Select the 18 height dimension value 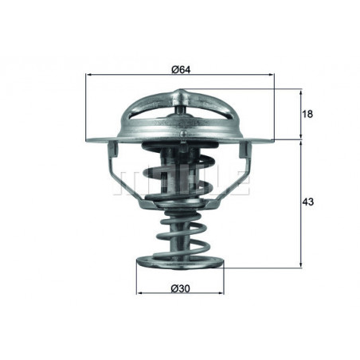[x=307, y=114]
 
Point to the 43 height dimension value [x=308, y=203]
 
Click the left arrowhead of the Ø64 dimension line [x=88, y=76]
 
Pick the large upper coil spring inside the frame [x=180, y=171]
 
